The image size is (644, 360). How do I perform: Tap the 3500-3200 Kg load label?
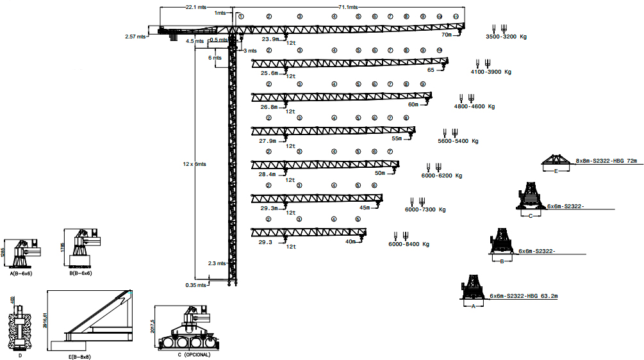(506, 37)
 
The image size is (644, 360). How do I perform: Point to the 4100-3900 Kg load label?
(491, 72)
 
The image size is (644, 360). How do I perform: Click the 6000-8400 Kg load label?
(408, 244)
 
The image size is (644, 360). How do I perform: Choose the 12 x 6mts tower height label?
(194, 164)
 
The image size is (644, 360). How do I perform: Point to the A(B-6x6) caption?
(21, 273)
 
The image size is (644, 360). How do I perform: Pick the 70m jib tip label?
(447, 35)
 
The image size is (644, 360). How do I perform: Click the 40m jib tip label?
(350, 241)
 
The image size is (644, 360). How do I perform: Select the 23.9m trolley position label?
(270, 39)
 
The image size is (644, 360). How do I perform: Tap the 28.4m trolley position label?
(267, 174)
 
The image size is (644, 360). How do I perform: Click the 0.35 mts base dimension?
(195, 284)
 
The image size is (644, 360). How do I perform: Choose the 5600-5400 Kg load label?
(458, 140)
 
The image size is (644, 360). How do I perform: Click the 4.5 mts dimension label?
(194, 41)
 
